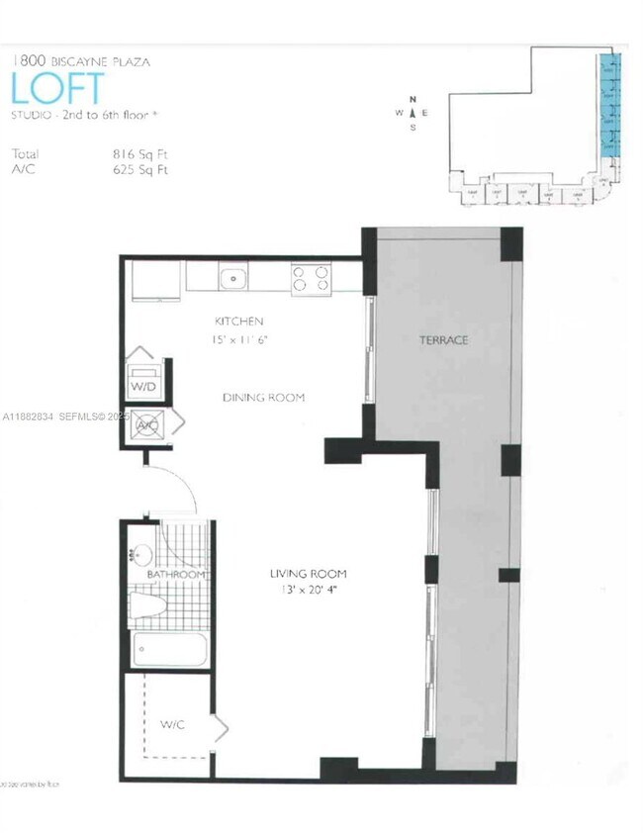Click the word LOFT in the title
point(57,88)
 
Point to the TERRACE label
point(443,340)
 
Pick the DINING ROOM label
point(263,397)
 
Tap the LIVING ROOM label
point(308,574)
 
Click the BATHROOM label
point(176,575)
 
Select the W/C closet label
point(172,724)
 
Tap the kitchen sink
point(233,277)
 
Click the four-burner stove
point(311,277)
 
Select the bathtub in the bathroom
point(170,651)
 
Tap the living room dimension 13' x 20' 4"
point(306,592)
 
